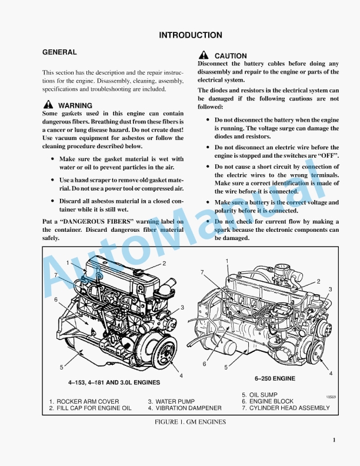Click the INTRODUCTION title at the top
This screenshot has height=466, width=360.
(191, 35)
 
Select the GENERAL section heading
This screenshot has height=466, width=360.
(59, 52)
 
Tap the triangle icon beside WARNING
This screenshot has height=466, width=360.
(48, 105)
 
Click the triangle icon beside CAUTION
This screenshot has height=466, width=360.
(203, 55)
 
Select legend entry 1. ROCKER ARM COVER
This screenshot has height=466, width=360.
(79, 402)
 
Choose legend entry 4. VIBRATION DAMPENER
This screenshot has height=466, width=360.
(185, 408)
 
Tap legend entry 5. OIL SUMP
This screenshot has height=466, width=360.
(259, 395)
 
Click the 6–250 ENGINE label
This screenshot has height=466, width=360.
(275, 378)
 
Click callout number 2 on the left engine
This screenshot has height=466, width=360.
(164, 264)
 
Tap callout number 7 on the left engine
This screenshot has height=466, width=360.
(56, 275)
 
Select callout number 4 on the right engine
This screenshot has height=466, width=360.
(331, 374)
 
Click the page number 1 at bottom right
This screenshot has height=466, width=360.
(334, 440)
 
